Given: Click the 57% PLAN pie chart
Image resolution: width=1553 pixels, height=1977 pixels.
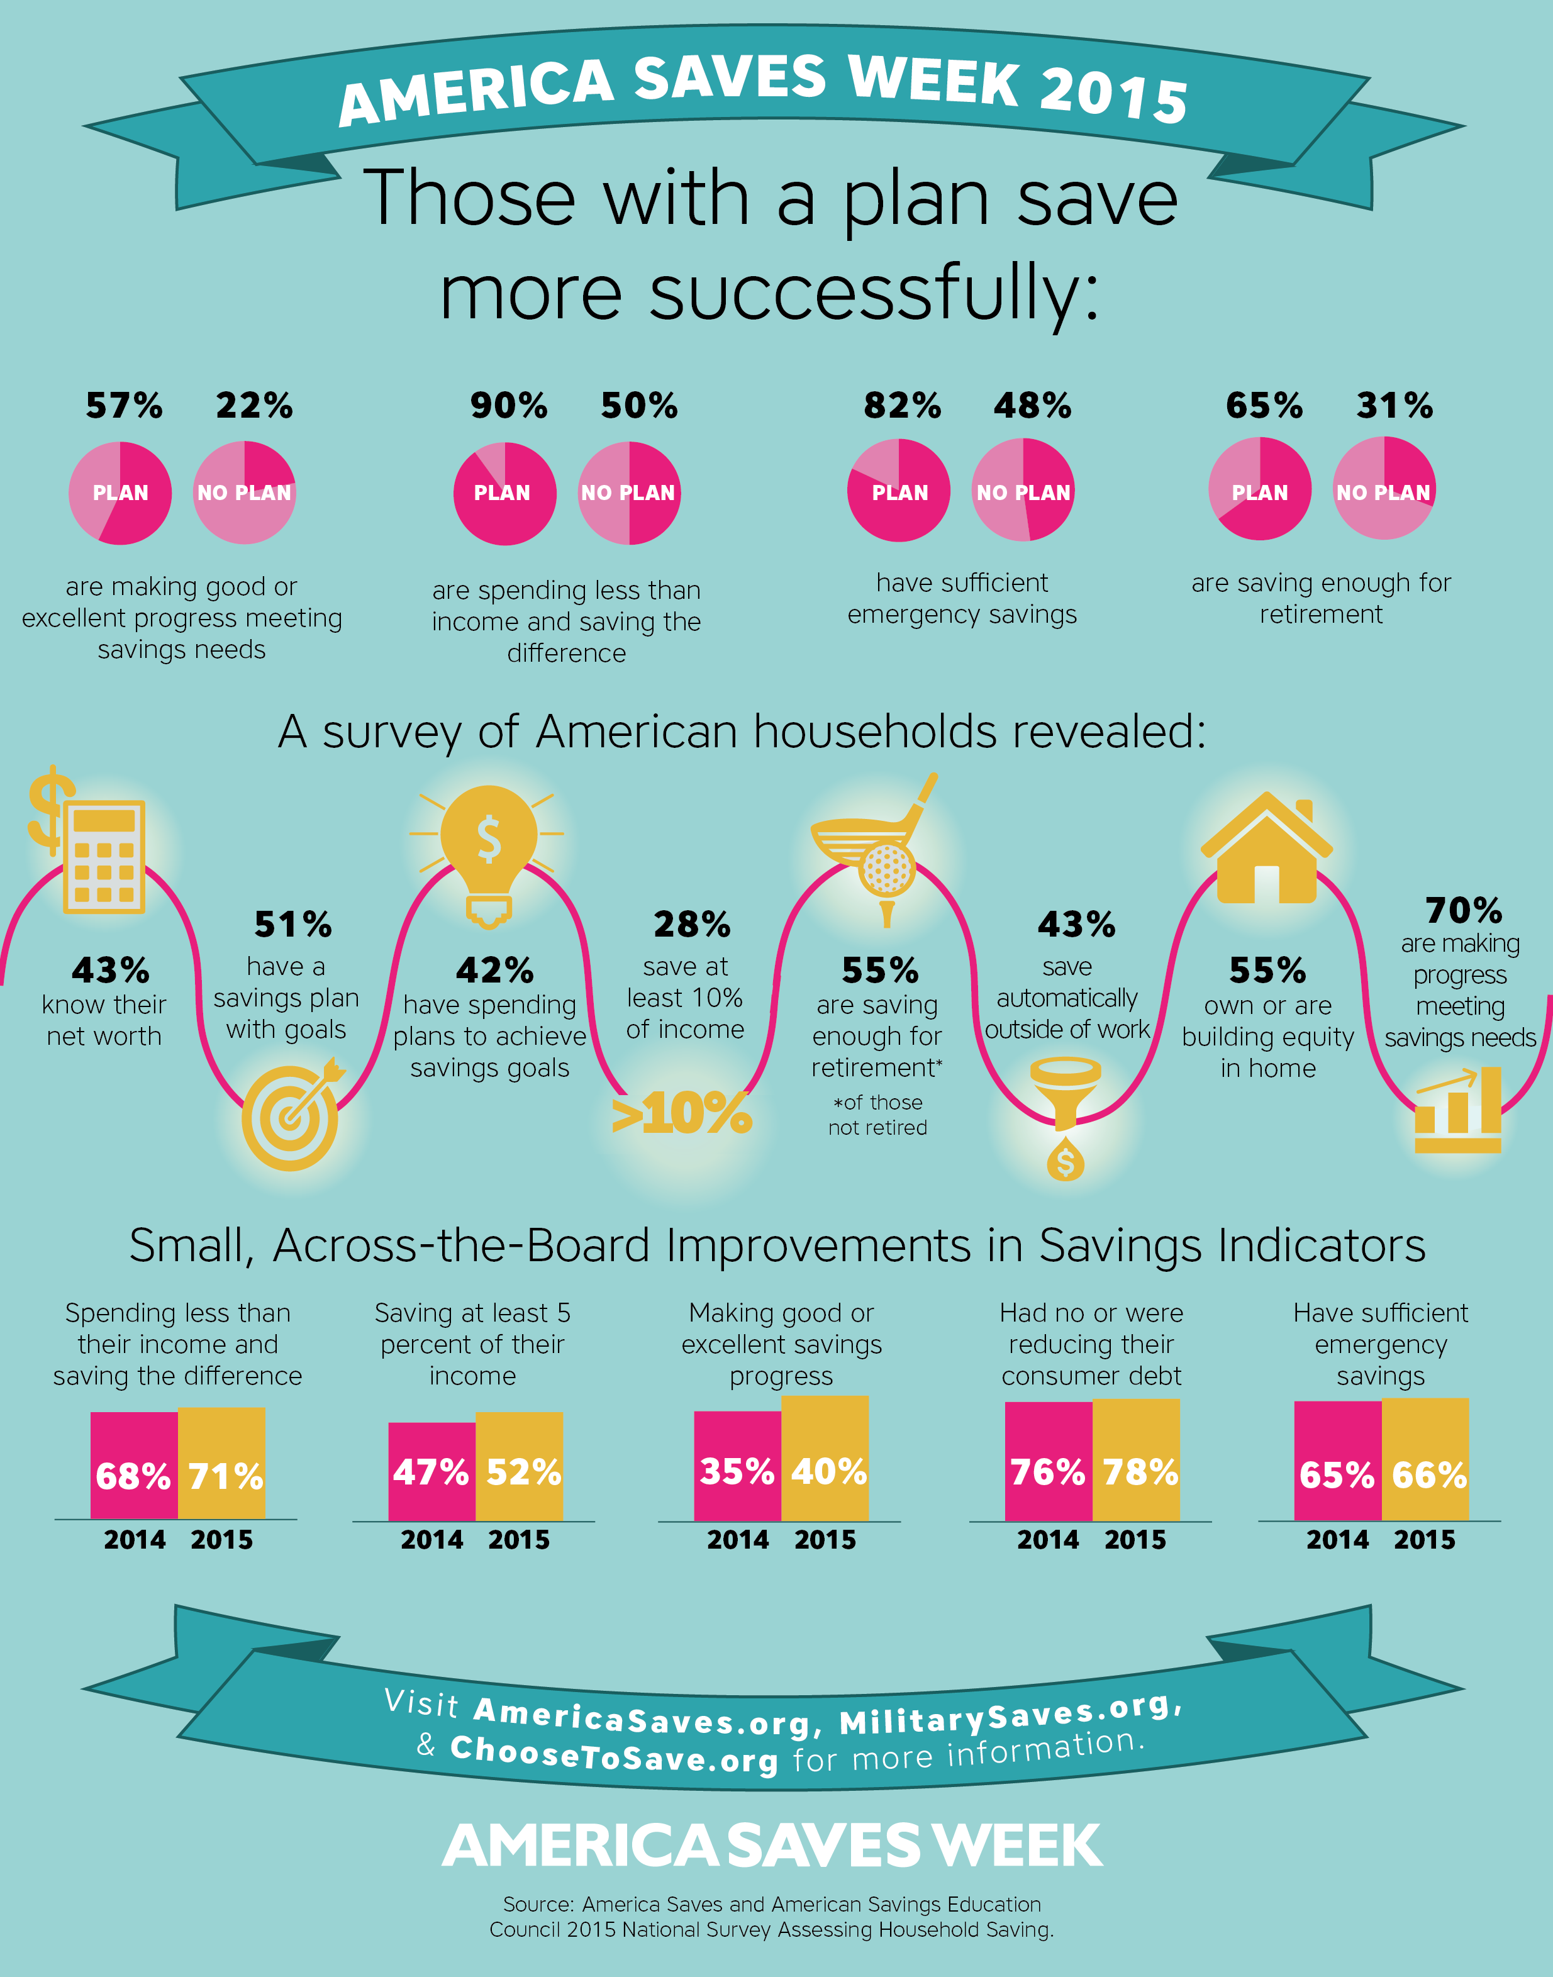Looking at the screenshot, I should pos(120,493).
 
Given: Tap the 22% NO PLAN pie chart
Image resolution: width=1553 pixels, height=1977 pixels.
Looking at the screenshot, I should pos(243,493).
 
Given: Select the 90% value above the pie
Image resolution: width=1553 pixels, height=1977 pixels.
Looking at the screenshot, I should pos(508,406).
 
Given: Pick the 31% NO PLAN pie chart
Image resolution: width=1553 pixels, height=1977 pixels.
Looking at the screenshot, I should pos(1384,489).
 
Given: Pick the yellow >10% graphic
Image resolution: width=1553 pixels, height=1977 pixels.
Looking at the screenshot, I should pos(682,1113).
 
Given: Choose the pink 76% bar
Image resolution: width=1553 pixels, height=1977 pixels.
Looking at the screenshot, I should pos(1049,1461).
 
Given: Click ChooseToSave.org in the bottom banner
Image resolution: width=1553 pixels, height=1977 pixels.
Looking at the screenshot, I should pos(614,1753).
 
